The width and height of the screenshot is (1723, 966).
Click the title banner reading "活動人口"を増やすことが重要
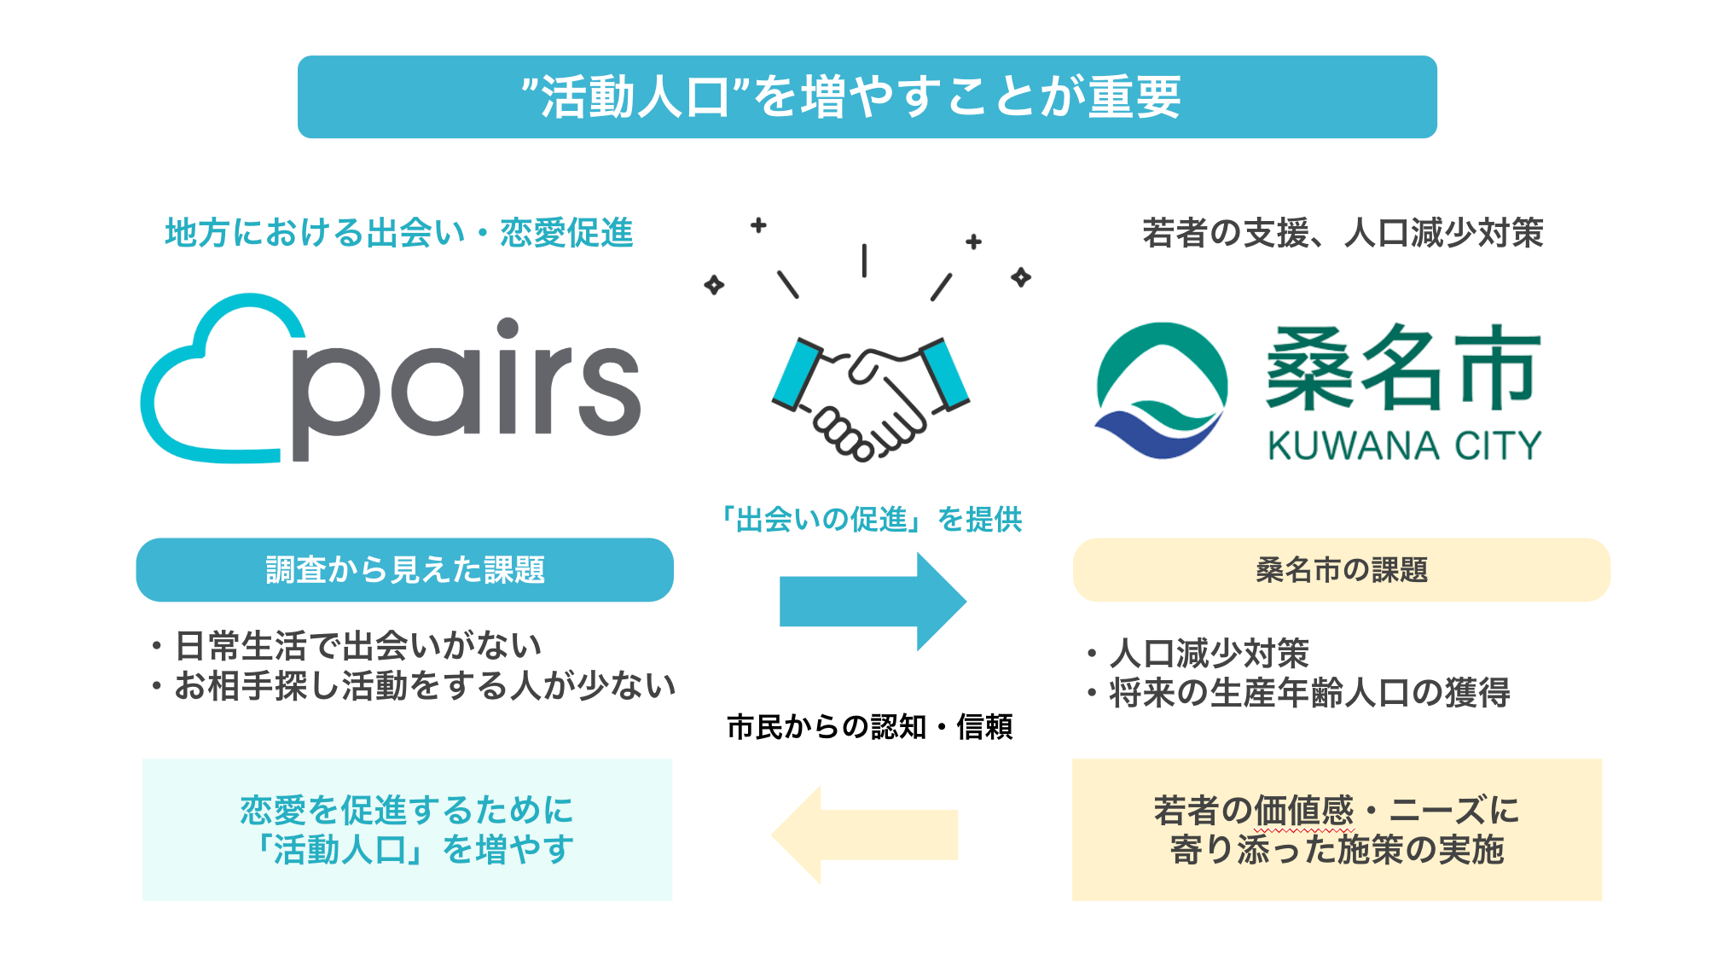867,96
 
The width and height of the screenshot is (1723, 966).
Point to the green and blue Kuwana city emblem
1161,390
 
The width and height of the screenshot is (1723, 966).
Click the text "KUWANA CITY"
1404,445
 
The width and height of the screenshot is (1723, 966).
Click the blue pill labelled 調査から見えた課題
404,570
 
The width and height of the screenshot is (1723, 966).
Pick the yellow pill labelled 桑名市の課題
1341,570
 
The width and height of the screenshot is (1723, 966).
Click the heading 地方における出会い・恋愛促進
398,232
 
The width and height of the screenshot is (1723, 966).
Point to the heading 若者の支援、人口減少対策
1343,232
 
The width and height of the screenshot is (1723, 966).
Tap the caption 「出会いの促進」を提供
870,519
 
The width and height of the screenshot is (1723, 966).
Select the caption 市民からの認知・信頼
869,727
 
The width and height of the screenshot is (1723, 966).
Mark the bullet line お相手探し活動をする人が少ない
425,686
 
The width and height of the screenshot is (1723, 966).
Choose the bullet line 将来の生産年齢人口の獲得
1309,693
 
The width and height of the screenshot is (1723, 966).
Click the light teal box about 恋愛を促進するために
407,829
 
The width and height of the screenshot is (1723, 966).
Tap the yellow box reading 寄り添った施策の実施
1337,829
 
